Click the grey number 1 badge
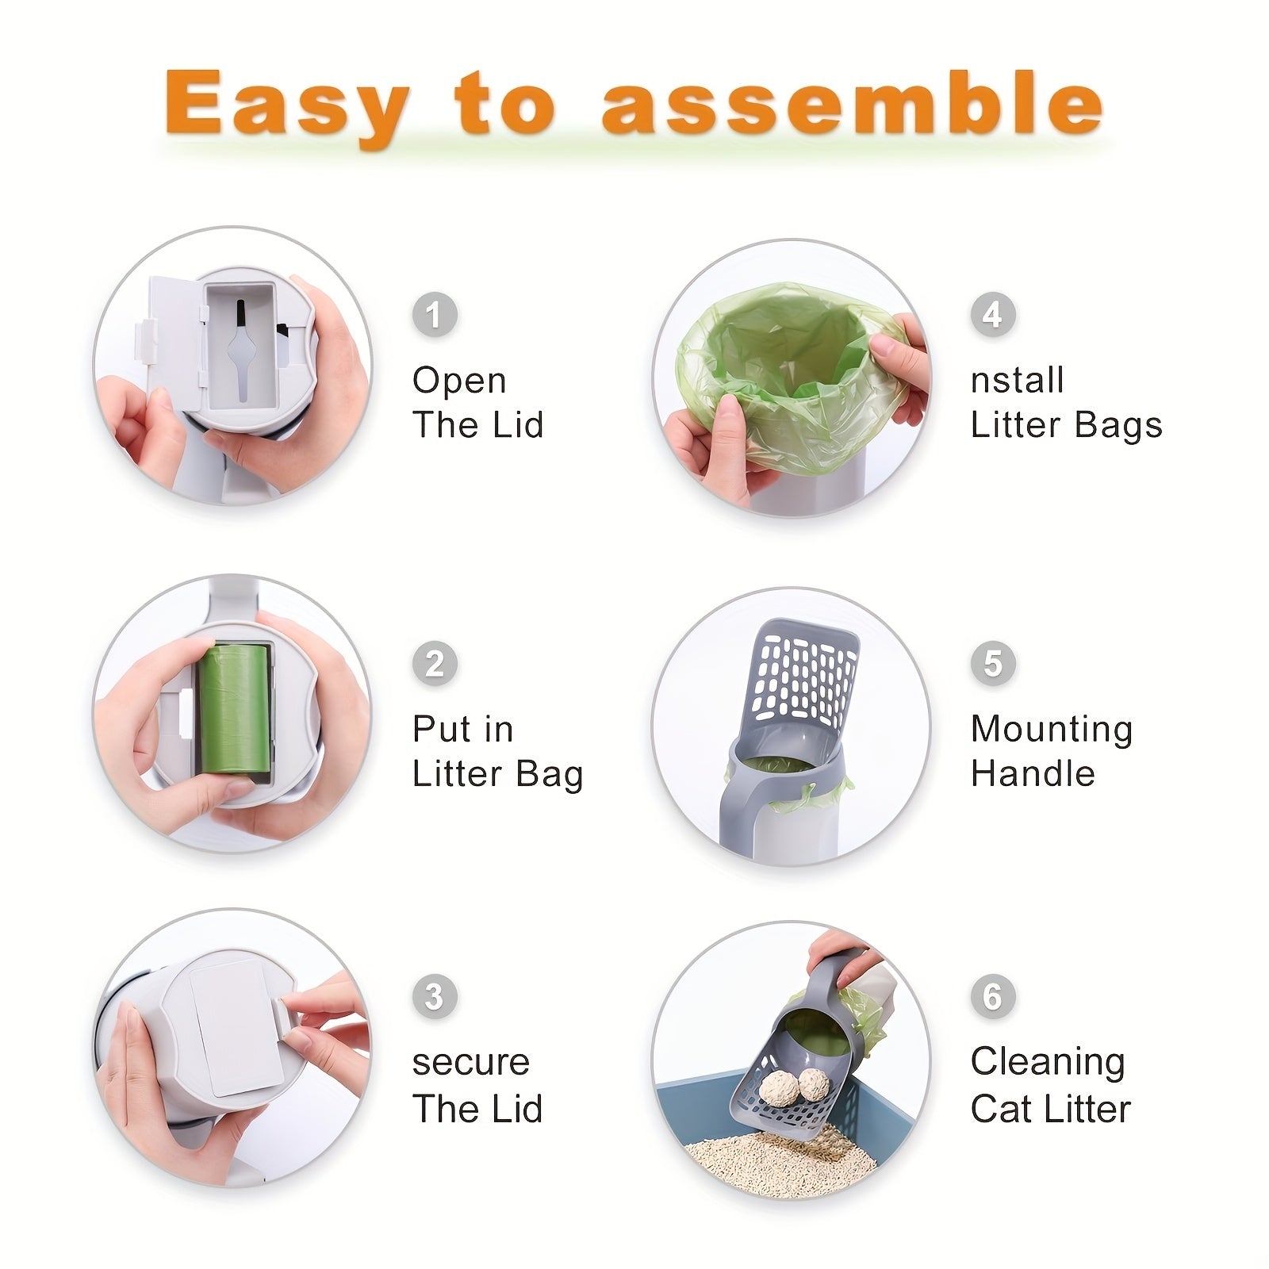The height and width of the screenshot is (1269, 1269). pyautogui.click(x=435, y=315)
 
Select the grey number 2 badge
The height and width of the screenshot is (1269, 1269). pyautogui.click(x=435, y=663)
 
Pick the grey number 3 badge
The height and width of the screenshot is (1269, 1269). pyautogui.click(x=435, y=996)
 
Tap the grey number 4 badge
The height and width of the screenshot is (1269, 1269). pyautogui.click(x=993, y=315)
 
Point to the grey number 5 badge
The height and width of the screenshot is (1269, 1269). pyautogui.click(x=993, y=663)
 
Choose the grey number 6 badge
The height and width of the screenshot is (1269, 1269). pyautogui.click(x=993, y=996)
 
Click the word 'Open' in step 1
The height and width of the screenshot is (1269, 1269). pyautogui.click(x=459, y=381)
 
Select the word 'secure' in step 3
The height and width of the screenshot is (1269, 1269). pyautogui.click(x=470, y=1063)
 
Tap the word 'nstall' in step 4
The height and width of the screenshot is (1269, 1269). pyautogui.click(x=1017, y=381)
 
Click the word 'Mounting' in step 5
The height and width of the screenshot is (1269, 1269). pyautogui.click(x=1052, y=730)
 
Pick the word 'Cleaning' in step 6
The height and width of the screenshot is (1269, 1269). pyautogui.click(x=1048, y=1063)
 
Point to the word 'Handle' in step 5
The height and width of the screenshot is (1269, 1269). pyautogui.click(x=1033, y=773)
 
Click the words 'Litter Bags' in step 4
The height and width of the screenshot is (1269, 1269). pyautogui.click(x=1066, y=425)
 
